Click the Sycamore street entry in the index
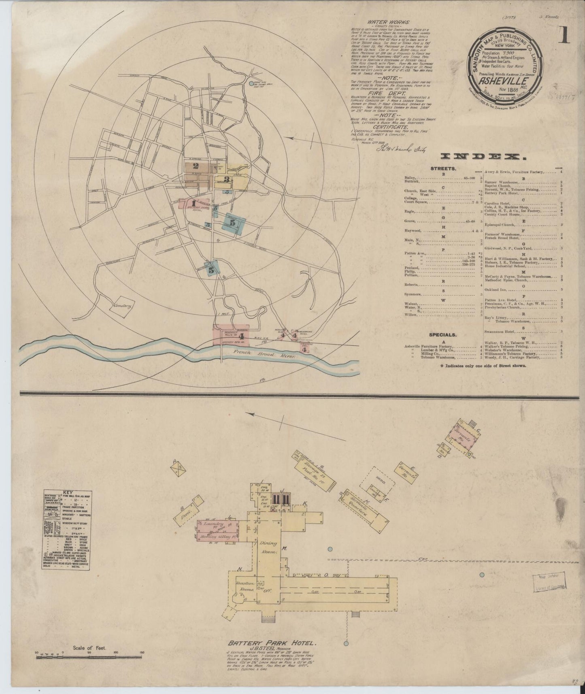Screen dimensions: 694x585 click(413, 294)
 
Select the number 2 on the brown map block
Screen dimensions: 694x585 click(196, 166)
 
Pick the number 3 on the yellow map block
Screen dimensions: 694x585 click(227, 179)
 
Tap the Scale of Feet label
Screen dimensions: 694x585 click(92, 648)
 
